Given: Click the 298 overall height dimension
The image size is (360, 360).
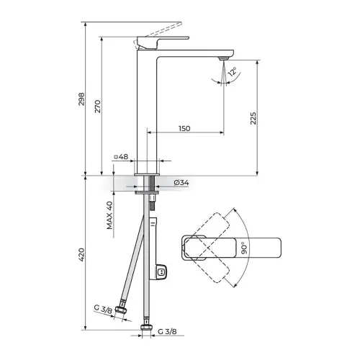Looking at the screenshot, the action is tap(81, 99).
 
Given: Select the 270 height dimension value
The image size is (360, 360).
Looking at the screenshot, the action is tap(98, 107).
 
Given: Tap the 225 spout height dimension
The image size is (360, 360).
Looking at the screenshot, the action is tap(253, 118).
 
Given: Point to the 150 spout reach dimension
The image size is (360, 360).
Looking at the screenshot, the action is tap(184, 128).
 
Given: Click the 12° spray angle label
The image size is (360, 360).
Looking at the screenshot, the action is tap(233, 71).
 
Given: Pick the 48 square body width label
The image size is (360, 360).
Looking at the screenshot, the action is tap(122, 157).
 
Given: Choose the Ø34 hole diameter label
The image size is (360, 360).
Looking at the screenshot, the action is tap(181, 183).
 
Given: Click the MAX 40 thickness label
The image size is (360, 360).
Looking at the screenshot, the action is tap(109, 215).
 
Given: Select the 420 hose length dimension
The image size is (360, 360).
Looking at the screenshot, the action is tap(81, 255).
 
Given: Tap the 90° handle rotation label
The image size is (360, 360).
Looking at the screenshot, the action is tap(244, 248).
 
